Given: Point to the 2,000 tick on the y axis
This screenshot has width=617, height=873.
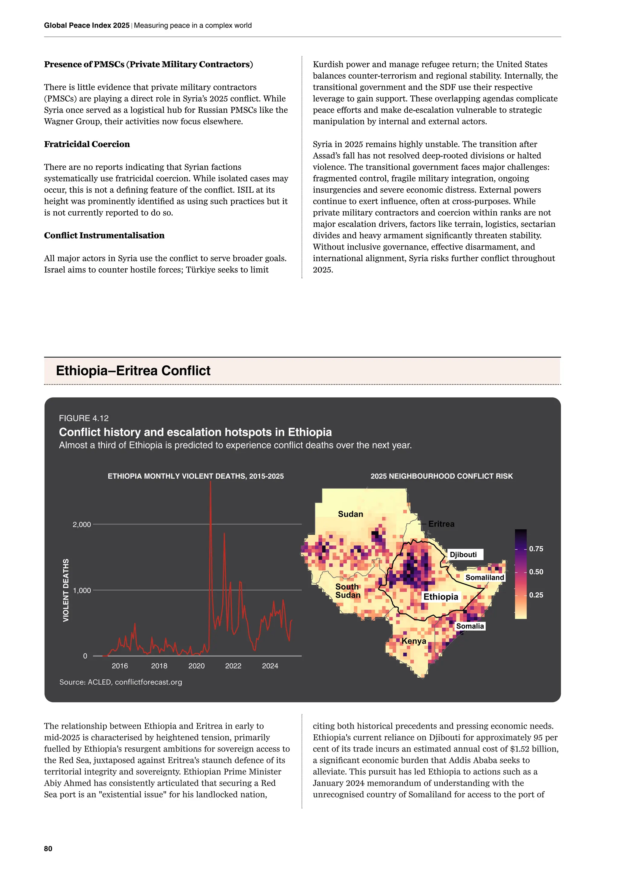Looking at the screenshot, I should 82,525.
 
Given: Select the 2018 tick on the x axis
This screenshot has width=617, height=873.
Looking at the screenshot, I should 159,666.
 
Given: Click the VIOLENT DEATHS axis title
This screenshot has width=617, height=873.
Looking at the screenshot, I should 66,590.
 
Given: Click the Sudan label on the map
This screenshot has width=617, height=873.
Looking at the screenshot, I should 350,514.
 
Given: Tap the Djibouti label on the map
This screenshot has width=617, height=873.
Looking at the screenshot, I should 463,554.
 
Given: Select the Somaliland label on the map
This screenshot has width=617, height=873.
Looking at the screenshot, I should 484,578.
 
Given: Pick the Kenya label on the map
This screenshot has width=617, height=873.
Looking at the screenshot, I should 414,641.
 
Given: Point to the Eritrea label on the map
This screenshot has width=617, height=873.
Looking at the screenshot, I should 441,524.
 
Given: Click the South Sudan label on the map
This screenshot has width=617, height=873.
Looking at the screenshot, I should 347,591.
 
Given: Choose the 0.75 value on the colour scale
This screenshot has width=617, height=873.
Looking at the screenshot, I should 536,549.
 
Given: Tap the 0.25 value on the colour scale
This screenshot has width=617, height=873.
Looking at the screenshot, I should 536,595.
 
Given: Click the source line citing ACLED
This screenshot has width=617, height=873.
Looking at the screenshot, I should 121,682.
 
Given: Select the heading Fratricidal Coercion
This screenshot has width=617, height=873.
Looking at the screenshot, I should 87,144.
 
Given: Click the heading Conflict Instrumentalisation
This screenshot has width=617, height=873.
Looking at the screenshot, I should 104,235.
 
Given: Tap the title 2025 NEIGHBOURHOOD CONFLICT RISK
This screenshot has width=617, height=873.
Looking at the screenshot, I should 441,476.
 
